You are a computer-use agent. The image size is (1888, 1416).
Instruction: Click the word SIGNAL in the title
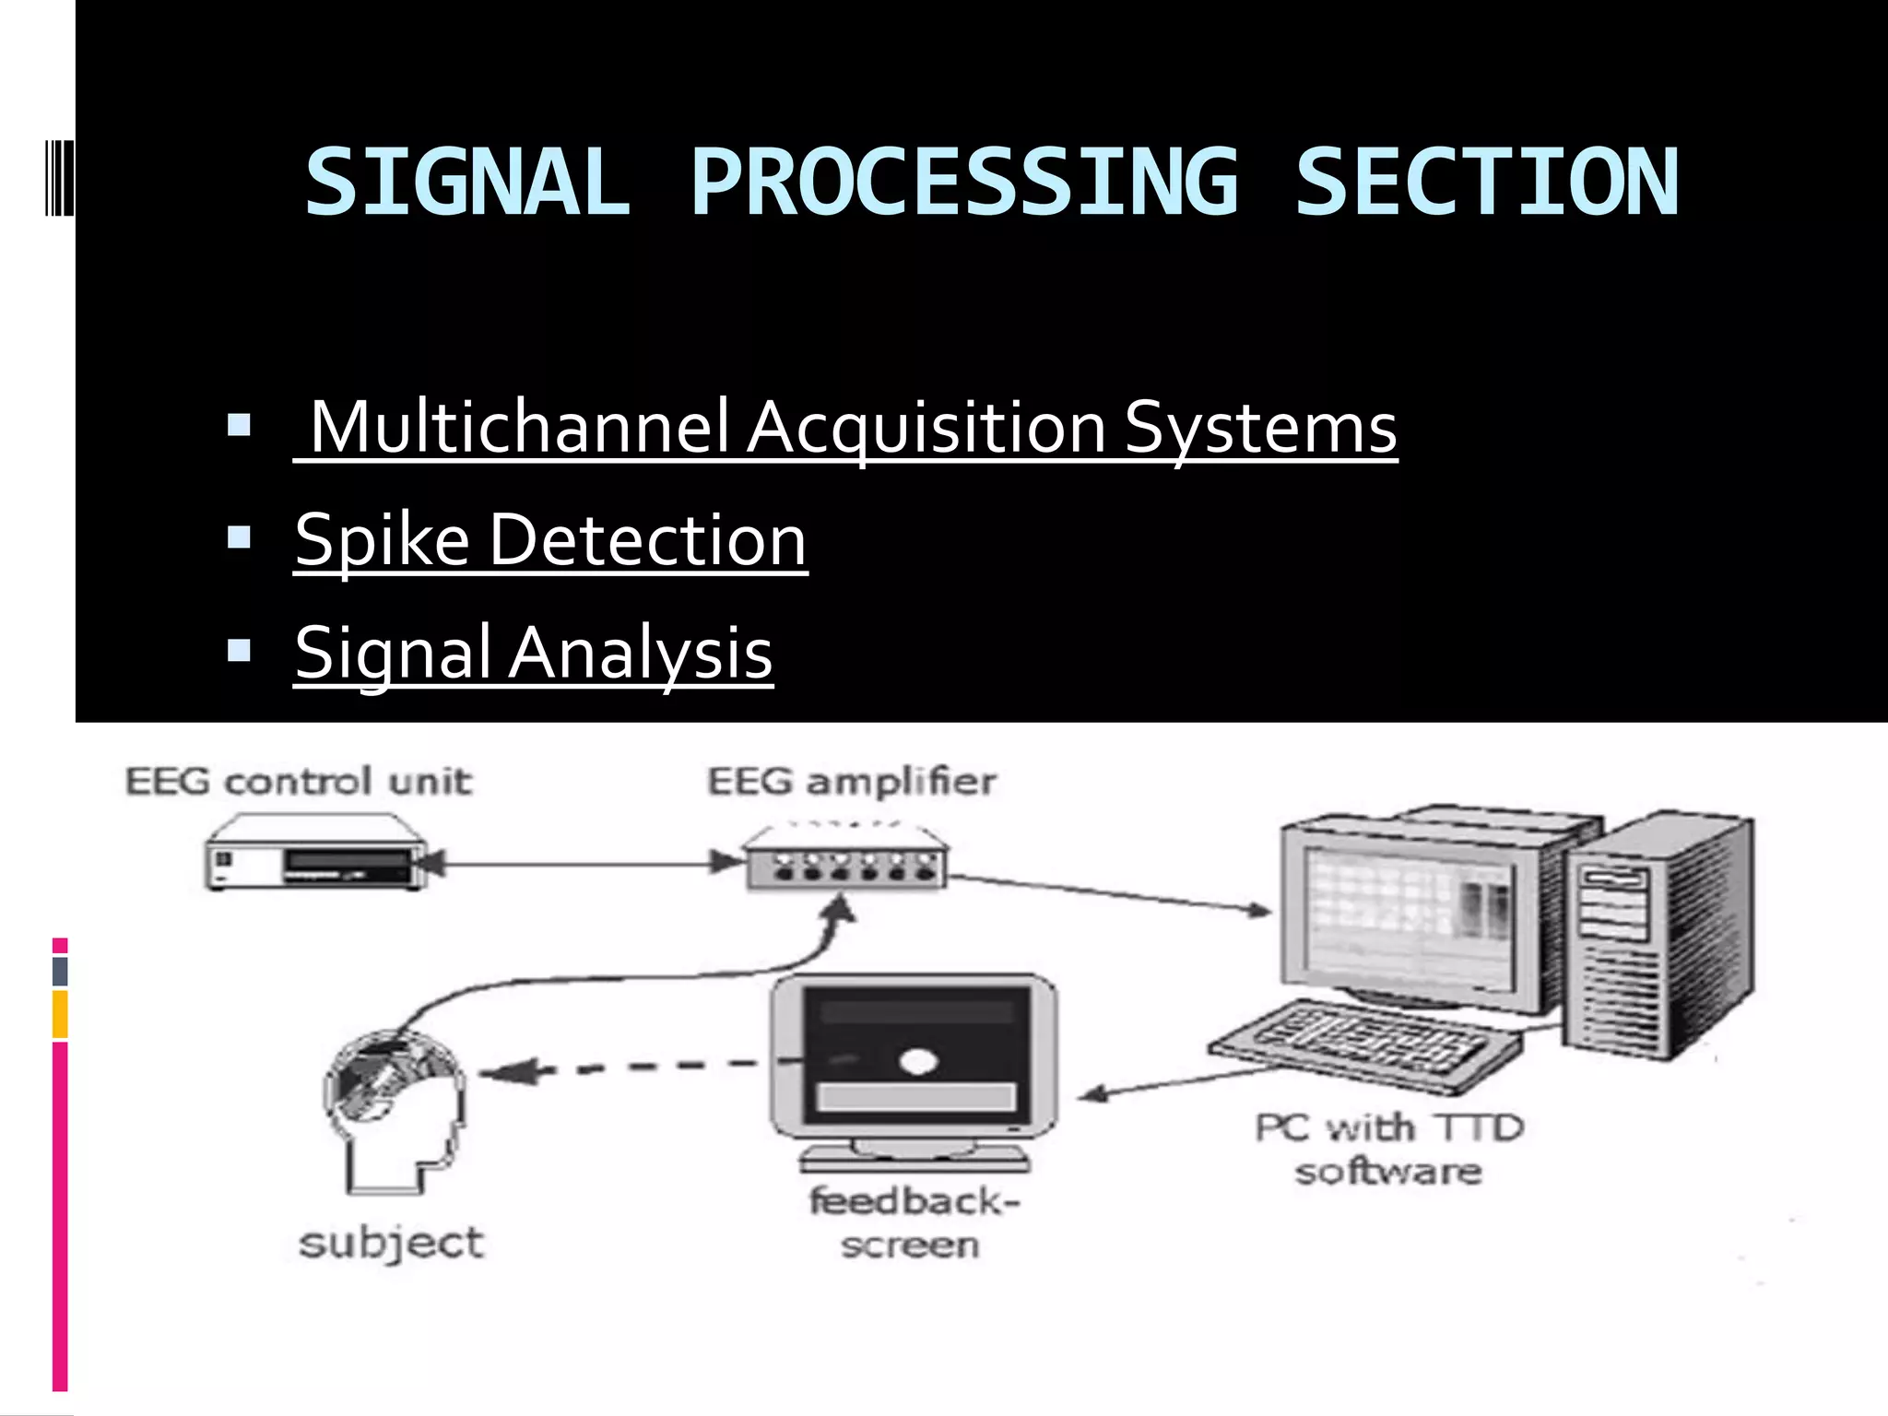tap(467, 183)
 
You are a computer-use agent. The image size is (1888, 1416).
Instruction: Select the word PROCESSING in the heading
tap(964, 183)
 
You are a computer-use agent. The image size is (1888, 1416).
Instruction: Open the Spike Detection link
tap(550, 540)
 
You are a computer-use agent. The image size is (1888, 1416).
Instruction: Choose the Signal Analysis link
tap(534, 653)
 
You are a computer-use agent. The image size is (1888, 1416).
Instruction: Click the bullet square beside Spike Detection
tap(239, 537)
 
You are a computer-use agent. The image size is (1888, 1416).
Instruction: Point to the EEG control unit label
tap(298, 782)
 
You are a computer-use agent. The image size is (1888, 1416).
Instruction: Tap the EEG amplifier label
tap(852, 782)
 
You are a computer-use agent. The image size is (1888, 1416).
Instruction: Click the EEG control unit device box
tap(316, 855)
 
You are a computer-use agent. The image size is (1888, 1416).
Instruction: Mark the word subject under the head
tap(391, 1243)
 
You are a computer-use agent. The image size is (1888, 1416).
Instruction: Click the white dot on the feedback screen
tap(917, 1062)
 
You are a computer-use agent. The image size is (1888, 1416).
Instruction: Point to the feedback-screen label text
tap(913, 1222)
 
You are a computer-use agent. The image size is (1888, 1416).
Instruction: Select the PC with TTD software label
tap(1388, 1150)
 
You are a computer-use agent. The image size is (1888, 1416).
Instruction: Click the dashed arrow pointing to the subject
tap(627, 1068)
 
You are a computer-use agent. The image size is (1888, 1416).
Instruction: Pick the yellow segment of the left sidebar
tap(60, 1014)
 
